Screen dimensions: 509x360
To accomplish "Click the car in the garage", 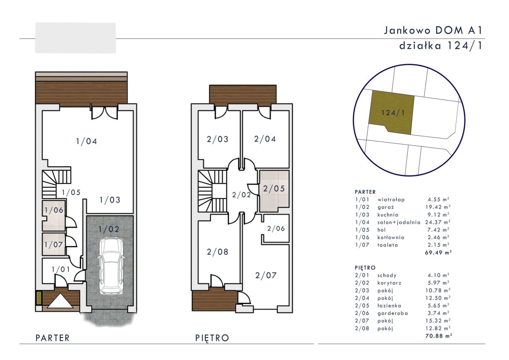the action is (x=111, y=266).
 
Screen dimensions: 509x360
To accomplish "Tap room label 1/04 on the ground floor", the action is (x=87, y=142).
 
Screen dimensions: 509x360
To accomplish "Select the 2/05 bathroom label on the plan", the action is (x=274, y=189).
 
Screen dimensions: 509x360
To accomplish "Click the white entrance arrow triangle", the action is (x=60, y=301).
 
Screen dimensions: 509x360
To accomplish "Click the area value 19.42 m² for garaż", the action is (x=438, y=207).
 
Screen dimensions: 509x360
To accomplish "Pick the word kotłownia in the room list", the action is (x=391, y=237).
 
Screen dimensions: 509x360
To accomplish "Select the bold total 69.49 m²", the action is (x=438, y=253).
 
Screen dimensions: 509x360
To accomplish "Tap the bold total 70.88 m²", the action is (x=438, y=336).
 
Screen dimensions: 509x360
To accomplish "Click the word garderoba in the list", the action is (x=393, y=313).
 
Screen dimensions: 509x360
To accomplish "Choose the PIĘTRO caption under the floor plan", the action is (x=212, y=338).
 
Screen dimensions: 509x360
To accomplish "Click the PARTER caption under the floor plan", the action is (x=53, y=338).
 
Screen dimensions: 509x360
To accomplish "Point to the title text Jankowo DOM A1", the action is (x=433, y=31).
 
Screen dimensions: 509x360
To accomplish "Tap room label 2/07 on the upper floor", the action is (x=266, y=276).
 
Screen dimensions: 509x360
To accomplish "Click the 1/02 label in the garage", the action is (x=109, y=229).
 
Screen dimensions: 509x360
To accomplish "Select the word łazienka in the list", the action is (x=389, y=306).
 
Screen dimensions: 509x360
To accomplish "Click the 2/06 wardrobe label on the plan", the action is (x=276, y=229).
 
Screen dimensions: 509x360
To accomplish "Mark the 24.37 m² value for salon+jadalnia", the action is (x=438, y=222).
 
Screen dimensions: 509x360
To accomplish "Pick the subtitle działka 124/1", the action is (x=441, y=46).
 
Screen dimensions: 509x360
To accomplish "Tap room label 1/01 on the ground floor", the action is (x=61, y=270).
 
